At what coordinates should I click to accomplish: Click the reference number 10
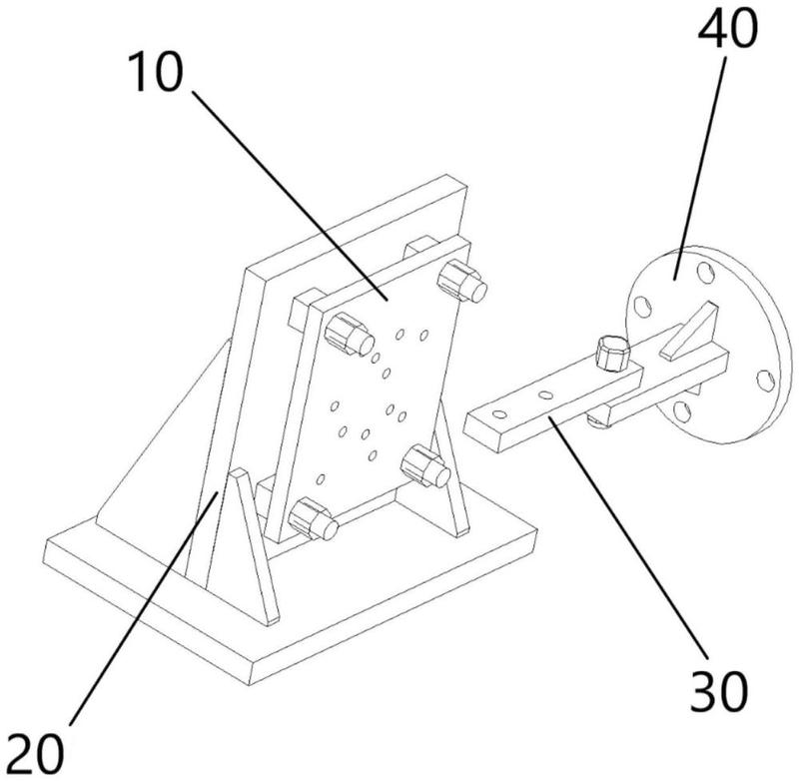[157, 72]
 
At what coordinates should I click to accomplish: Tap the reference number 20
[36, 753]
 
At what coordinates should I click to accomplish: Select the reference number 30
[719, 690]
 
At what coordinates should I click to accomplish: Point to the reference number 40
[727, 28]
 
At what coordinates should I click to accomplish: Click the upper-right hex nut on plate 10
[462, 282]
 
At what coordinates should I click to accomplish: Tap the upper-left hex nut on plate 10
[349, 335]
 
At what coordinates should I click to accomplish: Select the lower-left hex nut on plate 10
[313, 518]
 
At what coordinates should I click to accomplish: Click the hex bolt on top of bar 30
[612, 353]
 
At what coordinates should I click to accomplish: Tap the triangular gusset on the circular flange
[690, 331]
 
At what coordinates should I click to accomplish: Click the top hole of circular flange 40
[706, 273]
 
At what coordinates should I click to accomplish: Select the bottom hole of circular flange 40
[682, 412]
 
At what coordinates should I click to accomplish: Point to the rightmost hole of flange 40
[765, 381]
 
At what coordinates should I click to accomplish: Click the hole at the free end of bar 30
[500, 414]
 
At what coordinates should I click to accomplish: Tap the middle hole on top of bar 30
[545, 394]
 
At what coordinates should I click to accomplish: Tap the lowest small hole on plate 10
[321, 478]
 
